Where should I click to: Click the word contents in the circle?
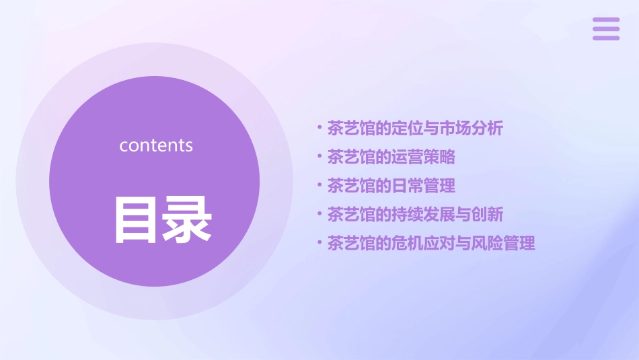(x=156, y=145)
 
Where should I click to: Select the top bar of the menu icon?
(x=606, y=20)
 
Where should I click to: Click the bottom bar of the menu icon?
(x=606, y=38)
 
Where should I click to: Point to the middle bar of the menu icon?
(x=606, y=28)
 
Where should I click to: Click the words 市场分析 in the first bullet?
(x=471, y=129)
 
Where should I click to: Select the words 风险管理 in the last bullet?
(x=503, y=244)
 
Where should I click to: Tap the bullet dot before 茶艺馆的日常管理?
(x=319, y=185)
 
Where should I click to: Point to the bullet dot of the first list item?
(x=319, y=127)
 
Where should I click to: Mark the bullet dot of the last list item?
(x=319, y=242)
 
